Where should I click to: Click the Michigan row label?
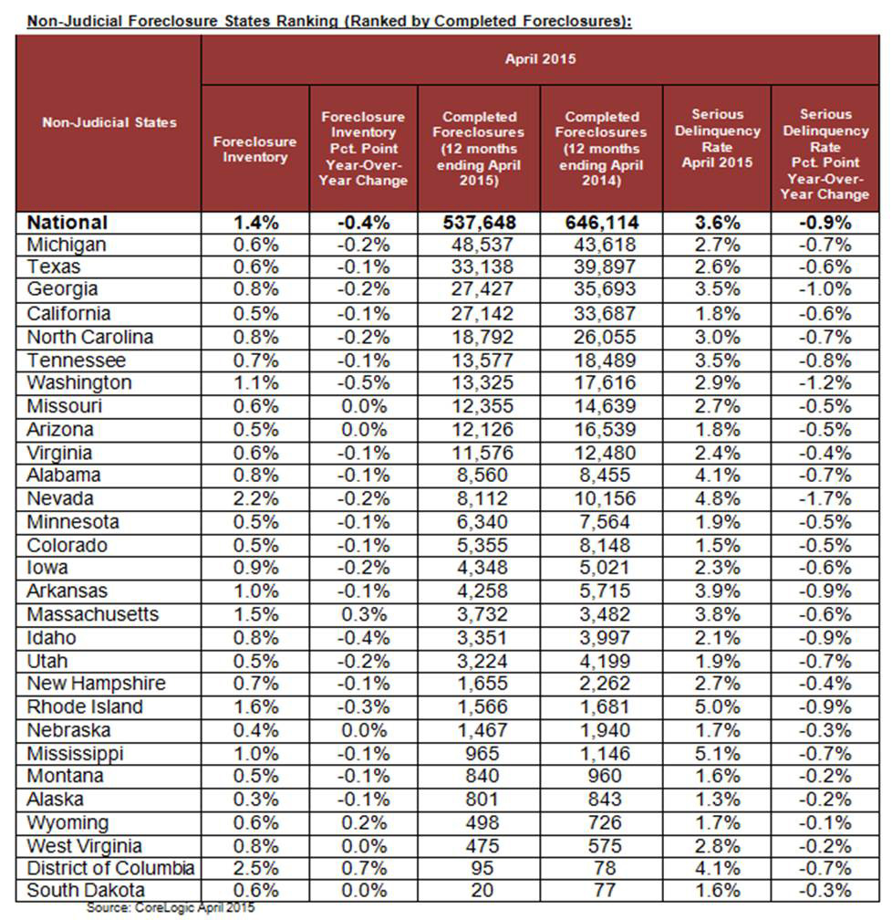tap(67, 245)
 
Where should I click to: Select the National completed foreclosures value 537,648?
tap(479, 222)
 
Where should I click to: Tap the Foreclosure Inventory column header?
tap(254, 149)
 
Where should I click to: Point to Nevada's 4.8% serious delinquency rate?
tap(716, 498)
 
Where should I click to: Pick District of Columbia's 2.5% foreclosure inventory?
tap(254, 868)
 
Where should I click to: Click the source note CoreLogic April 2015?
tap(171, 908)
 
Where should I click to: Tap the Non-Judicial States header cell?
tap(109, 122)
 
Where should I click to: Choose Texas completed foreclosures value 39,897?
tap(601, 267)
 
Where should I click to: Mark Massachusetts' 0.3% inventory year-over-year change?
tap(364, 614)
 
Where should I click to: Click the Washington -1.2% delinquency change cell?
tap(825, 382)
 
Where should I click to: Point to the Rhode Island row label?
tap(84, 706)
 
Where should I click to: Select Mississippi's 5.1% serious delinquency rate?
tap(716, 753)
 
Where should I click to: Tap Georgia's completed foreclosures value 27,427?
tap(479, 290)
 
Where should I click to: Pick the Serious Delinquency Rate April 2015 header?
tap(716, 139)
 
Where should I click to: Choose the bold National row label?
tap(67, 222)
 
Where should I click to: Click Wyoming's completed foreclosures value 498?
tap(479, 822)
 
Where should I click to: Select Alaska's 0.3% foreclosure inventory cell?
tap(254, 799)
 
